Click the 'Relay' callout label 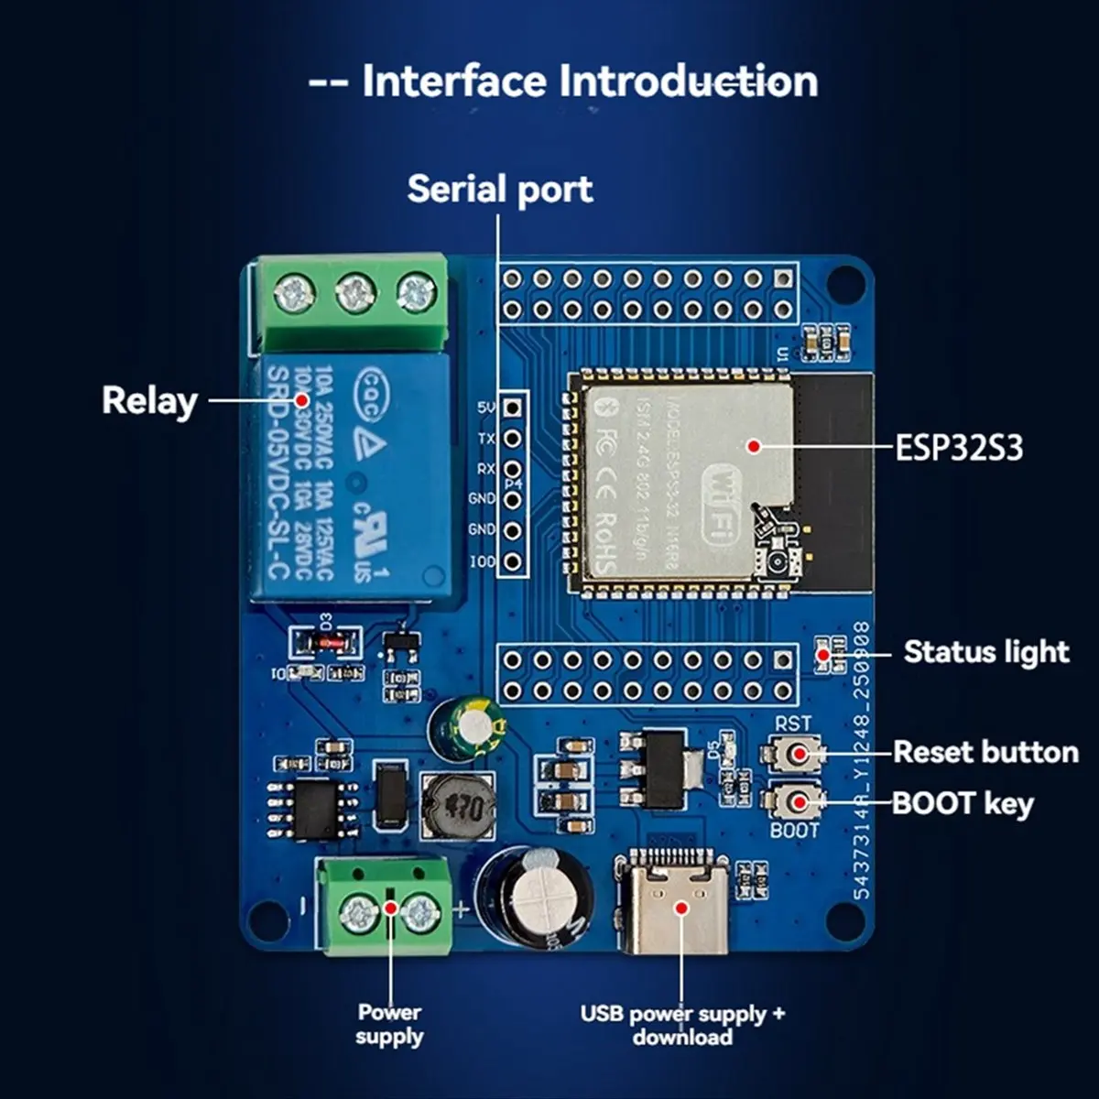coord(149,401)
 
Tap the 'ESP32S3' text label coord(958,448)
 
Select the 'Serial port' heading coord(499,189)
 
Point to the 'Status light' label coord(986,652)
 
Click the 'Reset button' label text coord(985,752)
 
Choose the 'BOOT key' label coord(963,803)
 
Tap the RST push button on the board coord(792,753)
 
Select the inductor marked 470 coord(457,806)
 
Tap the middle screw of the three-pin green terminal coord(355,294)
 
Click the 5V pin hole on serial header coord(514,408)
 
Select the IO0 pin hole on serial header coord(514,560)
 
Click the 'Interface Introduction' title coord(563,81)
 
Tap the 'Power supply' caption coord(389,1024)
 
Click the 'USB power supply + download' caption coord(682,1025)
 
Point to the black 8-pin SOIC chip coord(314,809)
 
